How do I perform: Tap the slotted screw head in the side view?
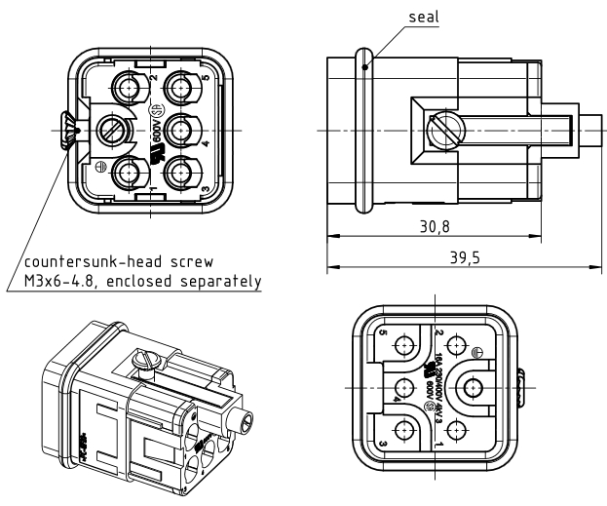pos(443,128)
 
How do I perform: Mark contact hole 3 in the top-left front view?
pos(179,173)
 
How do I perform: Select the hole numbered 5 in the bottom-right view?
pos(404,343)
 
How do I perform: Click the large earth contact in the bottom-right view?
pos(473,386)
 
